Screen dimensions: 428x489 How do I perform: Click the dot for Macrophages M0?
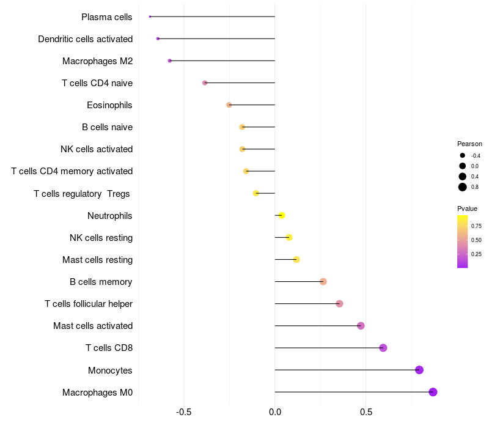[433, 392]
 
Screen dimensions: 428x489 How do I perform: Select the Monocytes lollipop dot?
[419, 370]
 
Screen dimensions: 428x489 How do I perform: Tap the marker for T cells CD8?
[383, 348]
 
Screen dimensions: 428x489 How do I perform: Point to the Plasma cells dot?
[150, 17]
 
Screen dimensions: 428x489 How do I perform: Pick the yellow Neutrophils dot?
[281, 215]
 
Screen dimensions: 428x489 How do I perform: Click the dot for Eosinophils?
[229, 105]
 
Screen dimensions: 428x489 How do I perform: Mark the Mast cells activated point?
[361, 326]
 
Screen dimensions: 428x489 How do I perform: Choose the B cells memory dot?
[323, 281]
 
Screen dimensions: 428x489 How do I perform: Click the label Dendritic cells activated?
[85, 39]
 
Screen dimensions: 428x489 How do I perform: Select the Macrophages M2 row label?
[97, 61]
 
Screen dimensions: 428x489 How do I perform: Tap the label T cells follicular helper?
[89, 304]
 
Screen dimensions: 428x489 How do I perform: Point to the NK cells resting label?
[101, 237]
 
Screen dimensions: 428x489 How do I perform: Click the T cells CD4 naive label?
[97, 83]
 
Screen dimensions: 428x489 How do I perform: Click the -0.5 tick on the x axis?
[184, 413]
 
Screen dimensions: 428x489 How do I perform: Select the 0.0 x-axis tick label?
[275, 413]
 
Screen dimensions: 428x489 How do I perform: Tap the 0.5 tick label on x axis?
[366, 413]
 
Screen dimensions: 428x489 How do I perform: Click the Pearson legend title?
[469, 144]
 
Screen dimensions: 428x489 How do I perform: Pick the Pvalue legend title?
[468, 208]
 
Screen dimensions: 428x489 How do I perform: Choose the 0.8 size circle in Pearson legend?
[463, 187]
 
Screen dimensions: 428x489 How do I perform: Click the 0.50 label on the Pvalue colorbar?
[476, 240]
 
